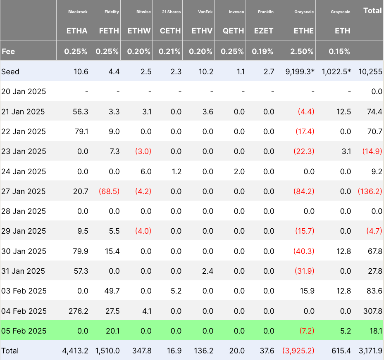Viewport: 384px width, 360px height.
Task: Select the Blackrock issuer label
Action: point(78,12)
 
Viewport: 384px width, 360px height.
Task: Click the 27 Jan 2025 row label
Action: point(24,192)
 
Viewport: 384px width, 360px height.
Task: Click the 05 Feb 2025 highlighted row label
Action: point(24,331)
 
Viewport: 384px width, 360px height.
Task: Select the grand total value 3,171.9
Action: point(369,351)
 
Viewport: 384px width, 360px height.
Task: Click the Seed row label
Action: point(10,72)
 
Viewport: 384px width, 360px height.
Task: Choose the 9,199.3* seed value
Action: point(300,72)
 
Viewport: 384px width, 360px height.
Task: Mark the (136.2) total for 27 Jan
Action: point(370,192)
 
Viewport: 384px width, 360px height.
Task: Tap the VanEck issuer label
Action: point(205,12)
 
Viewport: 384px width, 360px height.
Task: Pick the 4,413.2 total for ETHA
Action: point(75,351)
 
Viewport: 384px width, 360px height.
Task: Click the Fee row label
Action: point(9,52)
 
